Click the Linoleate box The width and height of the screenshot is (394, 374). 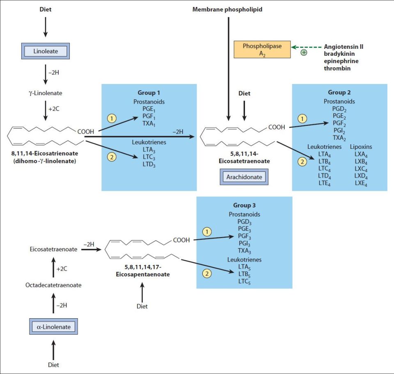click(x=45, y=51)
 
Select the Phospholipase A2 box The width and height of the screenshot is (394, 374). click(x=262, y=50)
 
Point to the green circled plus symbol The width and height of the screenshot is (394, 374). click(x=304, y=52)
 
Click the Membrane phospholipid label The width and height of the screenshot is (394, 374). click(x=227, y=9)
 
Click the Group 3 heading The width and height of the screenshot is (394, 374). click(x=244, y=205)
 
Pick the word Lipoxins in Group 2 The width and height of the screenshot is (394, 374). click(x=361, y=147)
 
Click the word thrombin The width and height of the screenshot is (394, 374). click(x=337, y=68)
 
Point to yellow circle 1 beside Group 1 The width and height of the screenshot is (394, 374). click(x=111, y=119)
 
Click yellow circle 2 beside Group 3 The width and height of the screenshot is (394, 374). click(x=207, y=273)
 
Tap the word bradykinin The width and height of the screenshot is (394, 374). click(x=339, y=54)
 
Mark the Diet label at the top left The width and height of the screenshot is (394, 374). click(x=45, y=9)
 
